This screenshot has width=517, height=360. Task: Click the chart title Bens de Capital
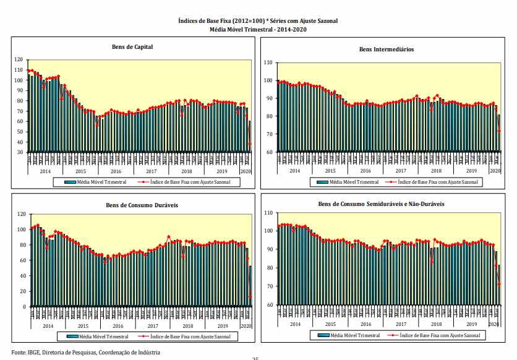click(x=132, y=46)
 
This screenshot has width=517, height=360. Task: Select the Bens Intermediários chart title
click(x=387, y=49)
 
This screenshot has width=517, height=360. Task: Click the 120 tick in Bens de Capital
click(x=20, y=59)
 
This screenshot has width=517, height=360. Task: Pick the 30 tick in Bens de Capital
click(x=22, y=152)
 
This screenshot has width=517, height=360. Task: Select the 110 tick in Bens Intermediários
click(x=268, y=62)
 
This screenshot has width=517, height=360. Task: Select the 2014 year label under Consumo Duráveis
click(x=46, y=325)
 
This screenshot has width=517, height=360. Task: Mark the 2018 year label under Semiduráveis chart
click(x=436, y=324)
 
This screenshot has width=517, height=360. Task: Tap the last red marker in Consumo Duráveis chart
click(x=250, y=296)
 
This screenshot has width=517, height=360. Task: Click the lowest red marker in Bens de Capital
click(x=250, y=144)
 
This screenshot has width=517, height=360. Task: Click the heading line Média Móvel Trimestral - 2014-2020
click(x=258, y=29)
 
